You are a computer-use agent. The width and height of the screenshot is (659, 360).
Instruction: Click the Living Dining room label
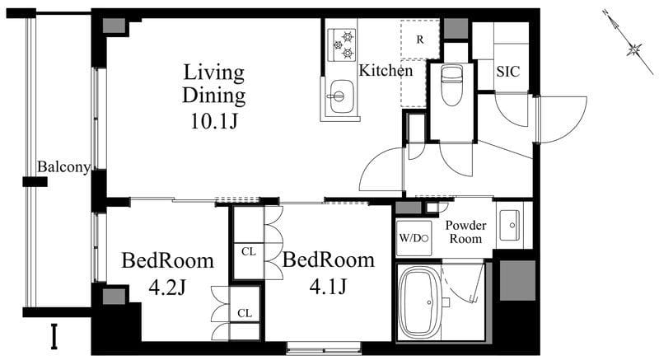point(214,83)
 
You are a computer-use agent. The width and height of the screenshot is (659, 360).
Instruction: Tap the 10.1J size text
point(214,121)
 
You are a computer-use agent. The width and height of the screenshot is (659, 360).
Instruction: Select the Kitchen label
point(386,71)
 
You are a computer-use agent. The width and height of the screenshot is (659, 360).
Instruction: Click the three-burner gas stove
point(342,44)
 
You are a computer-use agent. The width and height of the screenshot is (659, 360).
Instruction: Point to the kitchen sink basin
point(341,96)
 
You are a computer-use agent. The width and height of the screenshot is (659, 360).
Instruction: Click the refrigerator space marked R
point(420,40)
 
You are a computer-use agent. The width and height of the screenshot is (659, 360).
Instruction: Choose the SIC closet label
point(507,72)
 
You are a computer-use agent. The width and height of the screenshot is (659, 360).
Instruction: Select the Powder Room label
point(465,231)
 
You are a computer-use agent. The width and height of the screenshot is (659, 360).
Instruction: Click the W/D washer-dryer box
point(414,238)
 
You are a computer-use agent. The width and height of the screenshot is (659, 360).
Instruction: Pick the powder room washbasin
point(509,225)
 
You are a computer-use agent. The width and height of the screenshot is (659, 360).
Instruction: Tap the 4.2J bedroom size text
point(167,288)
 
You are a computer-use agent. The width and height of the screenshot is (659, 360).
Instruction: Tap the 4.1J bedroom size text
point(328,287)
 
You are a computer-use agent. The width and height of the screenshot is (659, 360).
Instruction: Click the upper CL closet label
point(249,251)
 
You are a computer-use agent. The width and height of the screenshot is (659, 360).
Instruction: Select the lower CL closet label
point(245,313)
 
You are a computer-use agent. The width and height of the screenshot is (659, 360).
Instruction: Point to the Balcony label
point(63,167)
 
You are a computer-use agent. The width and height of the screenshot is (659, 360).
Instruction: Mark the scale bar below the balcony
point(54,336)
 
